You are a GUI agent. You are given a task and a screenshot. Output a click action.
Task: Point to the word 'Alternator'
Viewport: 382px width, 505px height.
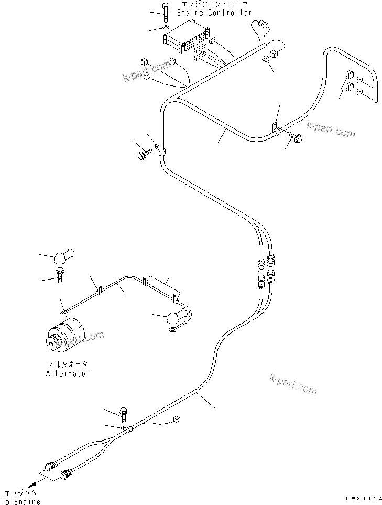click(x=68, y=374)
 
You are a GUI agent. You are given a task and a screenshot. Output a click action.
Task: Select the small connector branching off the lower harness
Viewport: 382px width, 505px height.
click(x=176, y=418)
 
